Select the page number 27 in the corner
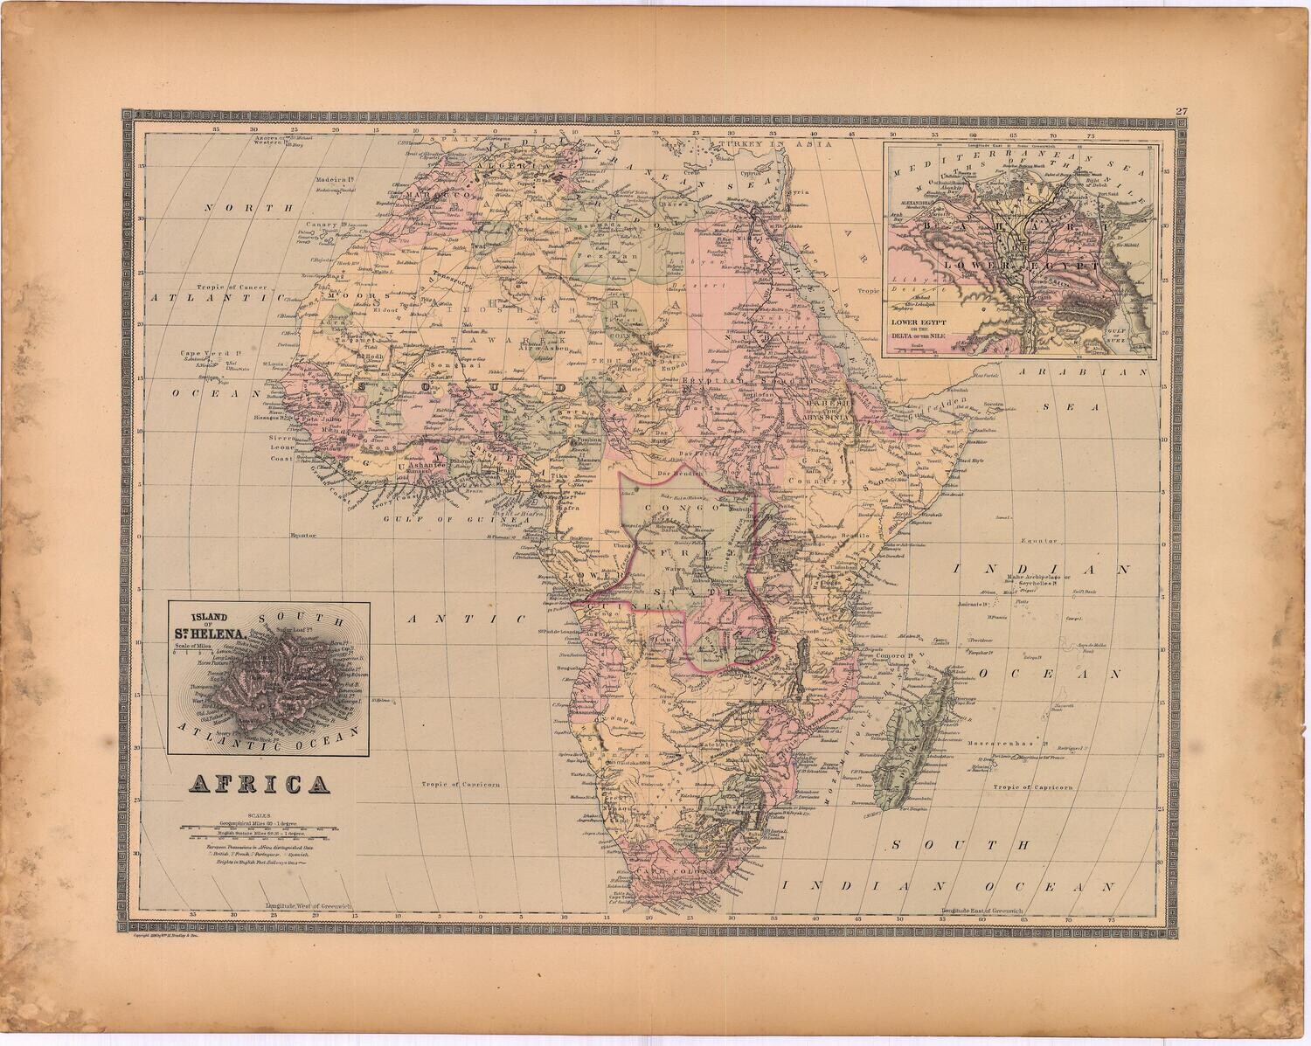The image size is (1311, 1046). (1181, 111)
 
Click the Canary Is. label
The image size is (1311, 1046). (320, 225)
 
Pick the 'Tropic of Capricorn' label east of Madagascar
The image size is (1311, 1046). (1032, 786)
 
